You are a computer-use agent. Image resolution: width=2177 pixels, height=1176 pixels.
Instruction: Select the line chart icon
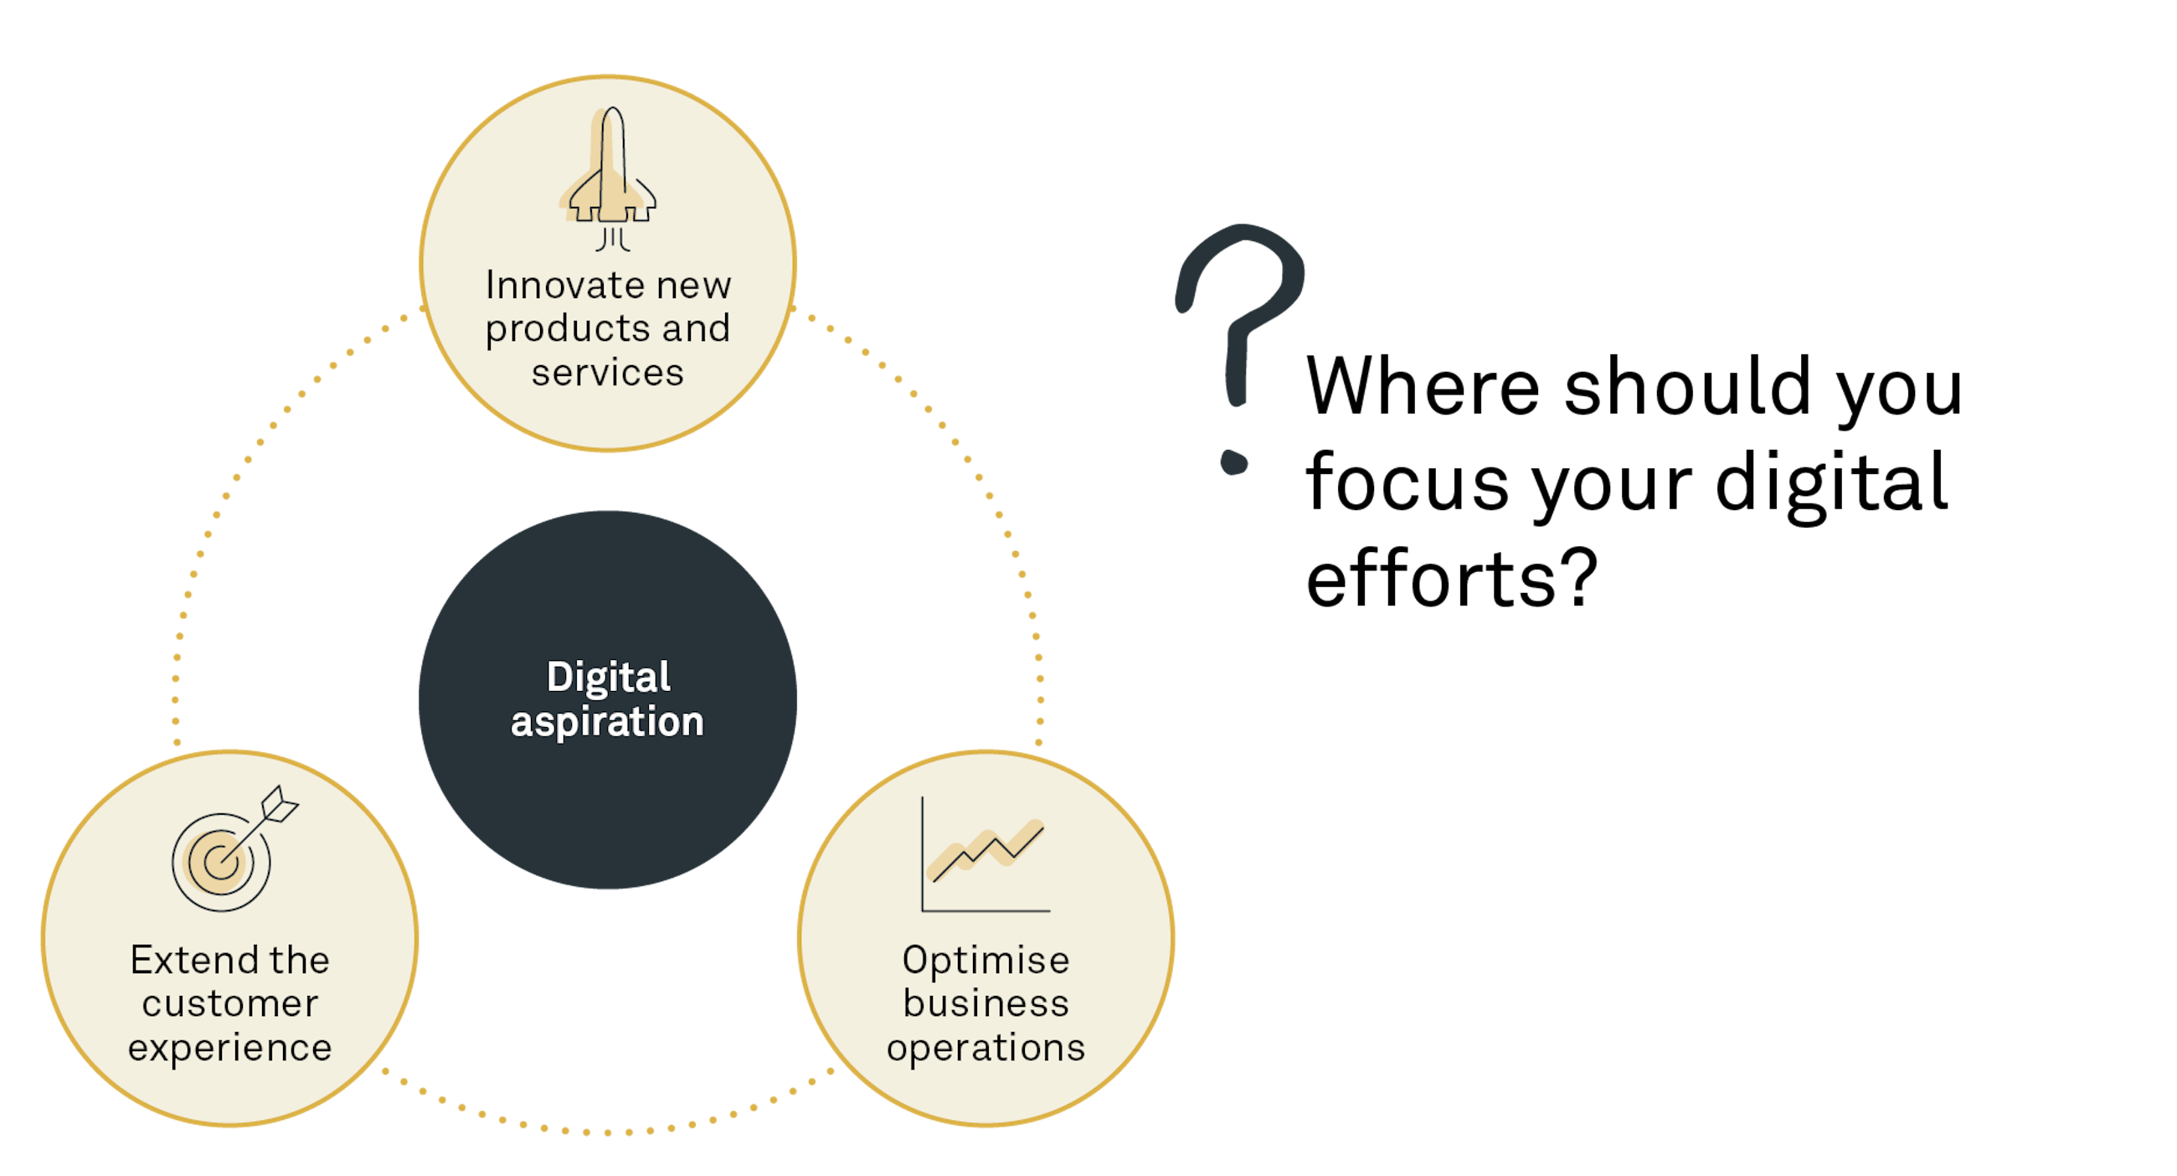click(985, 854)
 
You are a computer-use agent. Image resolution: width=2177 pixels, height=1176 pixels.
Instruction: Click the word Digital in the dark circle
click(609, 677)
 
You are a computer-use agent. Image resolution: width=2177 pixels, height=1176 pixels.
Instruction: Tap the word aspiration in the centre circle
click(608, 722)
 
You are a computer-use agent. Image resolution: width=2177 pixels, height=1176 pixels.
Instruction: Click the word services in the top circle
click(608, 373)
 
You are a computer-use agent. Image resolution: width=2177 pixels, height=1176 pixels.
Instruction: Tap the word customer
click(230, 1004)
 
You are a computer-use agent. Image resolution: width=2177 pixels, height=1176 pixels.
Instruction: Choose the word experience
click(230, 1049)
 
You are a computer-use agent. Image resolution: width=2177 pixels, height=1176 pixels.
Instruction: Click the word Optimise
click(986, 961)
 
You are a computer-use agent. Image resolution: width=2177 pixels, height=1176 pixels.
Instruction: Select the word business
click(986, 1004)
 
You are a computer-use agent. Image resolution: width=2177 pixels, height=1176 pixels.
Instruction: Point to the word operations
click(986, 1049)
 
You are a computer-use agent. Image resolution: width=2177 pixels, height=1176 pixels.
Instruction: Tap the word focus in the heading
click(1408, 482)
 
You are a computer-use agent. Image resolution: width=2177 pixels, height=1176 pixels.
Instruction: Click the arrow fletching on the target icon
click(281, 804)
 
